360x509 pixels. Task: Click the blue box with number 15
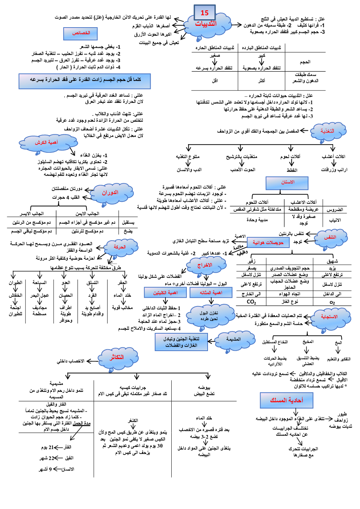tap(205, 13)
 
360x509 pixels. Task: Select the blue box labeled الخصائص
tap(81, 33)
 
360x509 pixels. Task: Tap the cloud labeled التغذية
tap(327, 131)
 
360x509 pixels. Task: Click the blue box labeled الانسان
tap(287, 183)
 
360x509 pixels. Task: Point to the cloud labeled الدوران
tap(110, 193)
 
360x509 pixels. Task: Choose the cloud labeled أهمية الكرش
tap(46, 143)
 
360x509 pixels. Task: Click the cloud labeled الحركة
tap(119, 247)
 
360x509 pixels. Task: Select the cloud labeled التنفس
tap(330, 237)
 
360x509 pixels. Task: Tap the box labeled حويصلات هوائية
tap(268, 243)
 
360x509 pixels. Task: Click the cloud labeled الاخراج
tap(205, 265)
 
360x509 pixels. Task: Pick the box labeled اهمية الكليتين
tap(165, 293)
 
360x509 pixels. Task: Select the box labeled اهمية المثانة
tap(211, 293)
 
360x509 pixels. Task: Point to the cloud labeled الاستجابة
tap(329, 317)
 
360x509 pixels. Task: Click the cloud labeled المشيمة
tap(234, 339)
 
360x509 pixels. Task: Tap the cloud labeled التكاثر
tap(117, 358)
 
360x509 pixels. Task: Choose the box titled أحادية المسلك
tap(286, 400)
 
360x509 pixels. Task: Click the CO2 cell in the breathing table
tap(251, 302)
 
